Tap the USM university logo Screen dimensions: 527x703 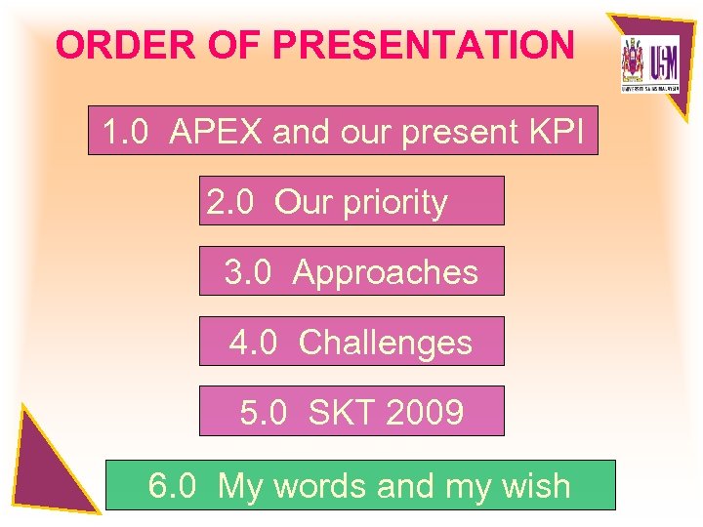(x=649, y=63)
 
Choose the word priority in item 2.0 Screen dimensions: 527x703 (x=393, y=203)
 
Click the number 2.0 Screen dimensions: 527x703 (x=230, y=202)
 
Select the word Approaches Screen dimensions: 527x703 (x=386, y=273)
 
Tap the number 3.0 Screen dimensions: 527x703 (x=248, y=272)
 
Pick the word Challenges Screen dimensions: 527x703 (x=386, y=343)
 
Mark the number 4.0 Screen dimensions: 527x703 (x=253, y=343)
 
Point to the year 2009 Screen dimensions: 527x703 (x=424, y=413)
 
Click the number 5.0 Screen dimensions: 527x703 (x=264, y=413)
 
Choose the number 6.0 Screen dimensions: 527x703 (x=172, y=485)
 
